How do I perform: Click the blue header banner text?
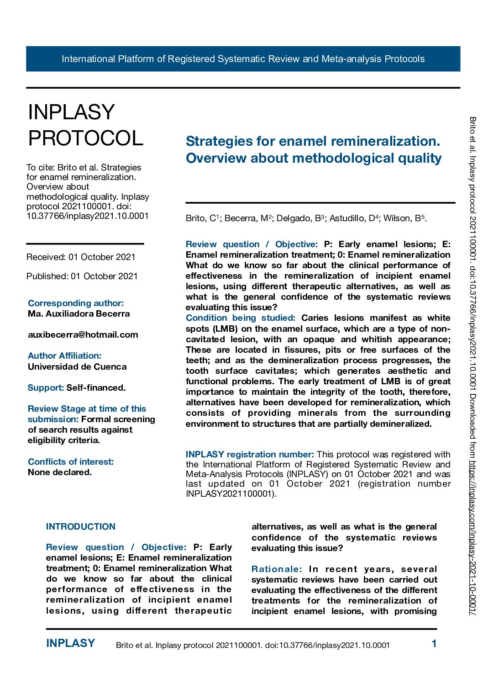pos(243,59)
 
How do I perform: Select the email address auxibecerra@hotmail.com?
pos(83,334)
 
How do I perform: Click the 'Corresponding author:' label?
pos(76,303)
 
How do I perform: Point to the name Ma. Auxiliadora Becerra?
pos(79,313)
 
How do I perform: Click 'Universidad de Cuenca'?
pos(77,366)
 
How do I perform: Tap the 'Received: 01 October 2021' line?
pos(81,257)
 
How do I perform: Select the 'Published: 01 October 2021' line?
pos(82,276)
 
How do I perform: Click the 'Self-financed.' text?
pos(96,387)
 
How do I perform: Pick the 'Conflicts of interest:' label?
pos(71,461)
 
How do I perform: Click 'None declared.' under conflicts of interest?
pos(60,472)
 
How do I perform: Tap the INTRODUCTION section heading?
pos(81,526)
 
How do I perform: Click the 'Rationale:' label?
pos(277,569)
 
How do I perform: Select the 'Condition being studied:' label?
pos(241,318)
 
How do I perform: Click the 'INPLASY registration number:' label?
pos(250,454)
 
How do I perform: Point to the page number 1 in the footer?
pos(434,643)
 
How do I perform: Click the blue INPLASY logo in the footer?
pos(71,643)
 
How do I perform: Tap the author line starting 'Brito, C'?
pos(306,218)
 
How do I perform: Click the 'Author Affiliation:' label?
pos(64,355)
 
